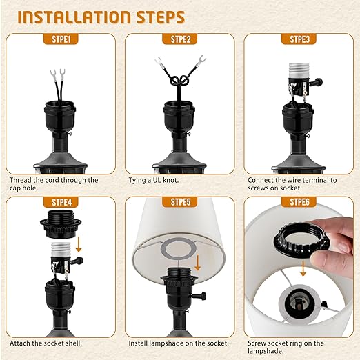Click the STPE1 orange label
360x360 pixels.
point(59,39)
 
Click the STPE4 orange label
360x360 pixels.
point(59,202)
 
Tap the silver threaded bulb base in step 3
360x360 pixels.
point(299,72)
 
